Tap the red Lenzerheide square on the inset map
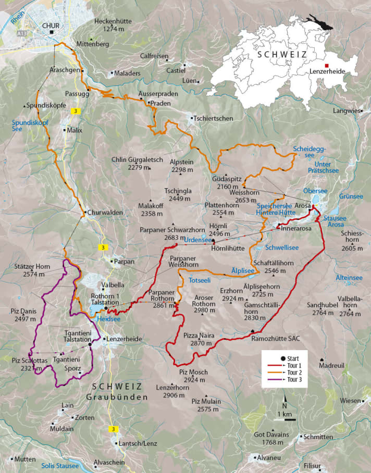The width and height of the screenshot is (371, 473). coord(326,66)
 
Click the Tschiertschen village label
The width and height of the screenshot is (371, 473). coord(213,118)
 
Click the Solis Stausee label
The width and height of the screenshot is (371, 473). coord(60,465)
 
